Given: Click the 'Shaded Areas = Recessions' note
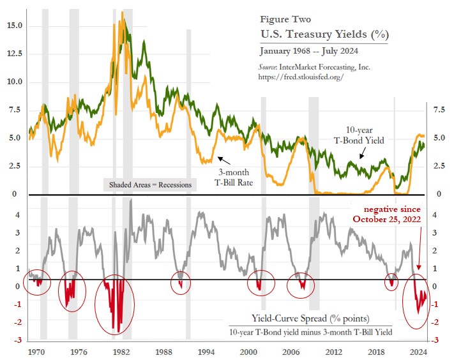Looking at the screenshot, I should [x=149, y=184].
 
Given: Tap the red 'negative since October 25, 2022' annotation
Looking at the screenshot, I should [x=390, y=214].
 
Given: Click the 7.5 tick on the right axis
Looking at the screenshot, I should [x=439, y=110].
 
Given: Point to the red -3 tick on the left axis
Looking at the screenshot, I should [x=20, y=340].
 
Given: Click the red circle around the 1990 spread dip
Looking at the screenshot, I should [x=181, y=281].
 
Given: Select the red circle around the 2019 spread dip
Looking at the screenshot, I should [x=392, y=281].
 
